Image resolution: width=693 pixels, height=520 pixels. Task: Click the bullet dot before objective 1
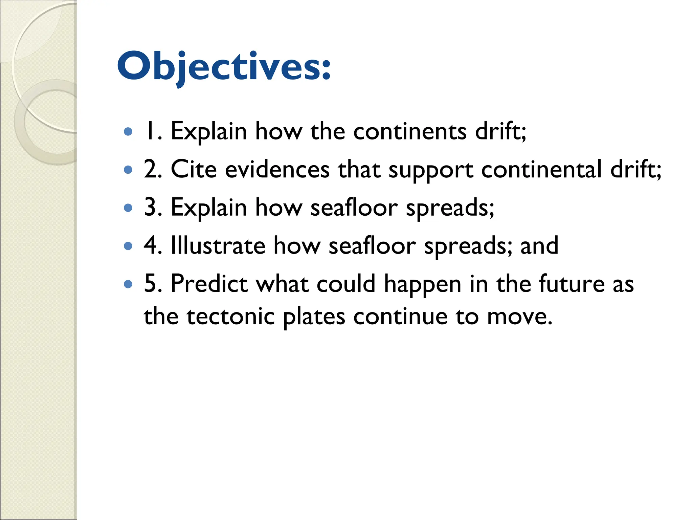[x=128, y=131]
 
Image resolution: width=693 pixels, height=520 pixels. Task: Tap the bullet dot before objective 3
[x=128, y=208]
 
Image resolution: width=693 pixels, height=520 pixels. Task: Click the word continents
[x=410, y=131]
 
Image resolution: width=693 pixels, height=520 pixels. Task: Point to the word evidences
[x=277, y=169]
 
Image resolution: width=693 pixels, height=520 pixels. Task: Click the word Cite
[x=194, y=169]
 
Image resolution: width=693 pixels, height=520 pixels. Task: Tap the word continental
[x=541, y=169]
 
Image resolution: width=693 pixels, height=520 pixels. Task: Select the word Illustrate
[x=218, y=246]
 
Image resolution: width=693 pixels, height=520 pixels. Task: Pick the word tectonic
[x=230, y=317]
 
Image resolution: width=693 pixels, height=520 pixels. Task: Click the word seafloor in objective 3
[x=354, y=208]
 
